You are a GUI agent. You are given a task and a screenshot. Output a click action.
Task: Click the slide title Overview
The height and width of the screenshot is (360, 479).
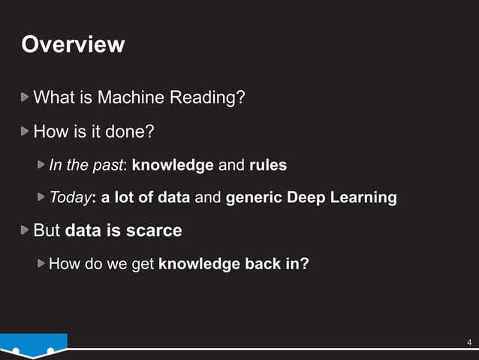73,44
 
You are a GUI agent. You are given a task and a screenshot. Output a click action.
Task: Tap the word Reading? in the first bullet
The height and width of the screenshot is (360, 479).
213,98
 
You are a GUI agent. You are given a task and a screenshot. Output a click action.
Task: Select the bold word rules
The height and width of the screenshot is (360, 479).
267,165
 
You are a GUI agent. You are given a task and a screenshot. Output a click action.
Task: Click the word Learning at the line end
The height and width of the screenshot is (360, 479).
366,198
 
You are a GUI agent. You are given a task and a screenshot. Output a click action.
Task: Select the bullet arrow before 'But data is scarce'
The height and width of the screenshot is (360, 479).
26,229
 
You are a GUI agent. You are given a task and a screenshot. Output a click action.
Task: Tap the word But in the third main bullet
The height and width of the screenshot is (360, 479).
47,230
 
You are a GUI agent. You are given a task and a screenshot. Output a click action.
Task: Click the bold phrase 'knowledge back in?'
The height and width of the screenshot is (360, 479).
233,264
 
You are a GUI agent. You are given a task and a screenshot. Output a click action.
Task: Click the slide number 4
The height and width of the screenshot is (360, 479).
468,343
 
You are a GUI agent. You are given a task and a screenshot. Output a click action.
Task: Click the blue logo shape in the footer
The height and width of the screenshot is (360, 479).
33,346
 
